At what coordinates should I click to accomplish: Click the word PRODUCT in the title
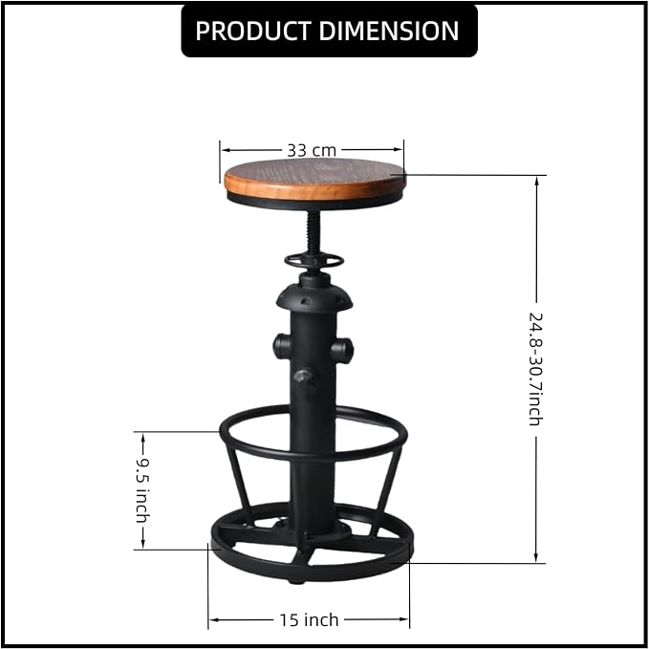click(x=253, y=31)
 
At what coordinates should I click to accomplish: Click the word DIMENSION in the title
click(x=389, y=31)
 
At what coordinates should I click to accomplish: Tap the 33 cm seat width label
click(x=312, y=150)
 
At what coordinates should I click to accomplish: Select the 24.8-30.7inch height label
click(x=535, y=369)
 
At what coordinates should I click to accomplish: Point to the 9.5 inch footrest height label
click(x=142, y=490)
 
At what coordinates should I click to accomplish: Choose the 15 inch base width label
click(x=309, y=619)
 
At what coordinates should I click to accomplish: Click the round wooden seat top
click(x=314, y=179)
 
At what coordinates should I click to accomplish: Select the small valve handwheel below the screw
click(x=314, y=262)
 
